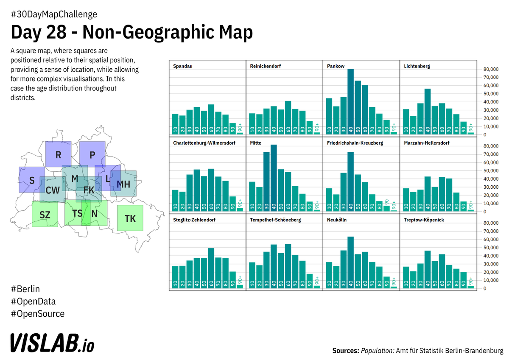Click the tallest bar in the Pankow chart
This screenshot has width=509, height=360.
coord(350,102)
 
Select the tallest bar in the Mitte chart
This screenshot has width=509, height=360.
coord(274,178)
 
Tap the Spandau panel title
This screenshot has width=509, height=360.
coord(182,66)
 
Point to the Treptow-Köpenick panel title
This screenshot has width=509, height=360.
coord(424,220)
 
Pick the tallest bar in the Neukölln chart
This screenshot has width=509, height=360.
coord(350,263)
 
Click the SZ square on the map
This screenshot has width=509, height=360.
coord(45,214)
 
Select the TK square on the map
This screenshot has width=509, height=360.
coord(130,218)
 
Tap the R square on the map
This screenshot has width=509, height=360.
coord(58,154)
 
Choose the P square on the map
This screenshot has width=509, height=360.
coord(92,154)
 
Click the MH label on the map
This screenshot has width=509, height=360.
coord(123,184)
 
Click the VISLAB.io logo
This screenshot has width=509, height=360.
coord(52,343)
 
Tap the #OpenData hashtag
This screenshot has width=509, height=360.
coord(33,301)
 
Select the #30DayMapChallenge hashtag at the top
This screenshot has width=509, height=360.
coord(54,14)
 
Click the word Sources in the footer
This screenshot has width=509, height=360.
coord(345,351)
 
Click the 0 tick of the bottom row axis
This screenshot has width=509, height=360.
coord(485,289)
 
